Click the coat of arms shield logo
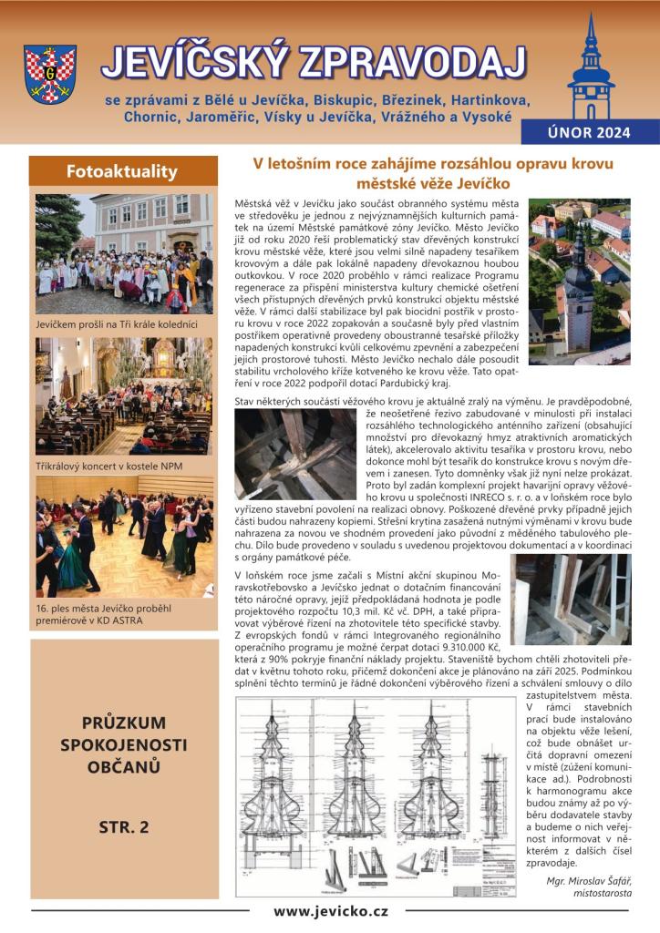tap(51, 73)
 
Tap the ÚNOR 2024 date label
tap(589, 132)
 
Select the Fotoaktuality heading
tap(122, 171)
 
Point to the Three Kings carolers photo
tap(124, 253)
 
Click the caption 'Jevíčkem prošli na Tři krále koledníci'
tap(124, 323)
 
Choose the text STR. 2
tap(123, 828)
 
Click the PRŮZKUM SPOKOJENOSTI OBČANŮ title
tap(123, 744)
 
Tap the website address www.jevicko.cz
tap(331, 910)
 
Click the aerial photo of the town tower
tap(579, 282)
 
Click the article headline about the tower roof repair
tap(432, 174)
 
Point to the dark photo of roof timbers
tap(294, 453)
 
